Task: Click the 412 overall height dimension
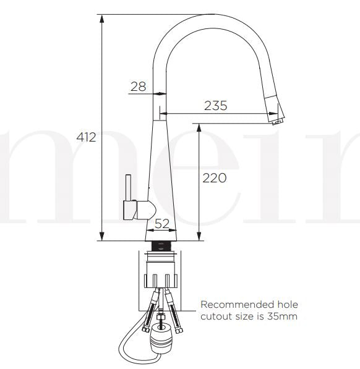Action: click(x=86, y=137)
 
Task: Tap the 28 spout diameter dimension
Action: click(x=139, y=87)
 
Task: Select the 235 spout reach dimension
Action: click(x=216, y=106)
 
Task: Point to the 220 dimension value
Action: click(x=215, y=178)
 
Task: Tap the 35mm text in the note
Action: click(x=285, y=317)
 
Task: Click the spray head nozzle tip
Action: click(x=276, y=121)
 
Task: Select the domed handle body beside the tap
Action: click(x=144, y=210)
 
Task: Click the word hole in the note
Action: click(x=285, y=305)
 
